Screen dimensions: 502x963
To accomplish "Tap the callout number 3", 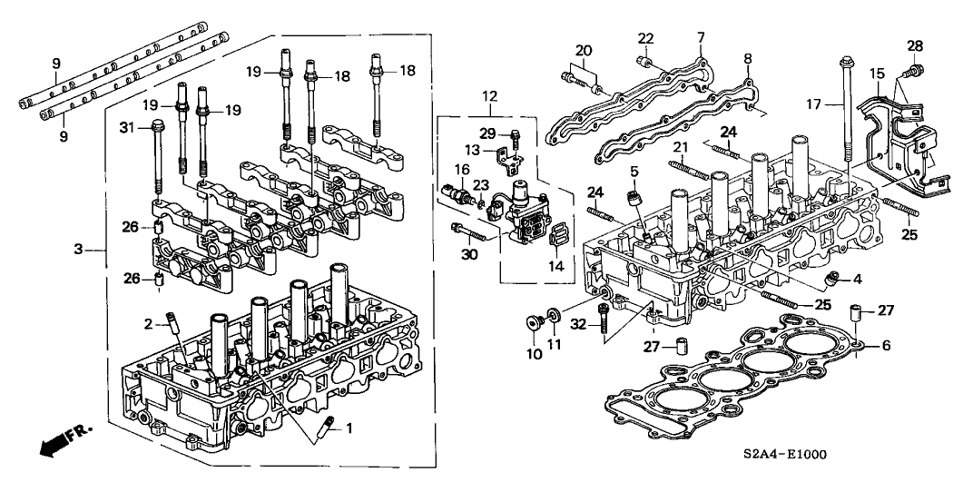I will (x=78, y=247).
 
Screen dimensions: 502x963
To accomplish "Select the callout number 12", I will (x=490, y=96).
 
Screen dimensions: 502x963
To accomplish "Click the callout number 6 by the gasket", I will (x=887, y=345).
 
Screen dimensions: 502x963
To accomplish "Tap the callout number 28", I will (x=914, y=45).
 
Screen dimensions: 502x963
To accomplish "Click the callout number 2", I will (x=146, y=322).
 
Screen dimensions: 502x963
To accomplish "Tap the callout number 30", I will (x=468, y=254).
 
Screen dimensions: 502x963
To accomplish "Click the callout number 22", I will (x=645, y=37).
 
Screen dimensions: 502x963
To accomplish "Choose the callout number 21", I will (x=680, y=147).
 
